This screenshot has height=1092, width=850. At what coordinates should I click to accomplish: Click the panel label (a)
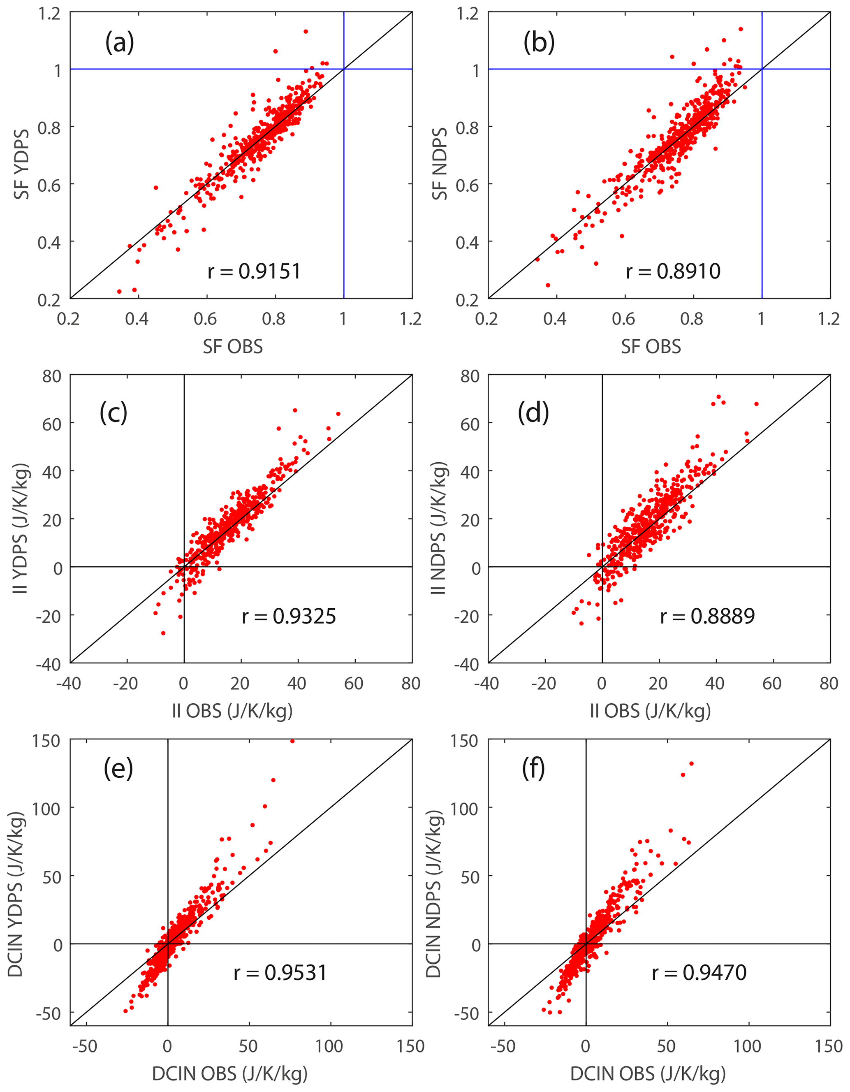pyautogui.click(x=120, y=42)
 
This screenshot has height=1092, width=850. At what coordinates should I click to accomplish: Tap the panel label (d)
pyautogui.click(x=533, y=412)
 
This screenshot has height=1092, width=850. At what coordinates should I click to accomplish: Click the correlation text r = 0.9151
pyautogui.click(x=254, y=271)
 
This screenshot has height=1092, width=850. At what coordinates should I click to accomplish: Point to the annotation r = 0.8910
pyautogui.click(x=673, y=271)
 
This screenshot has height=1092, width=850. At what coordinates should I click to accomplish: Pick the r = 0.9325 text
pyautogui.click(x=289, y=616)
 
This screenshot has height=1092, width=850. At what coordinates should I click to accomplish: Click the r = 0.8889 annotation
pyautogui.click(x=707, y=616)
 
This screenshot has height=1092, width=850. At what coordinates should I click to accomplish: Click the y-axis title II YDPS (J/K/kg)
pyautogui.click(x=21, y=529)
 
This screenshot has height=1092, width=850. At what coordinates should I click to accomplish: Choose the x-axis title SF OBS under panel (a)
pyautogui.click(x=232, y=346)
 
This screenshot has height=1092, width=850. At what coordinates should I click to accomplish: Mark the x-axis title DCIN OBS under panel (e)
pyautogui.click(x=229, y=1073)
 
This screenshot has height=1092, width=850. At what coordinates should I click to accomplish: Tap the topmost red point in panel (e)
pyautogui.click(x=292, y=742)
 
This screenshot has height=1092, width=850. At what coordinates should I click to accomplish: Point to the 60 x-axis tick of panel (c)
pyautogui.click(x=354, y=683)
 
